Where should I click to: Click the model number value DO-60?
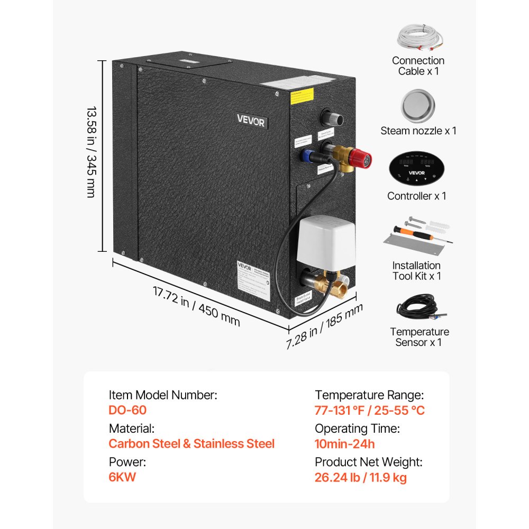127,410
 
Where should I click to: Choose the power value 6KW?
122,477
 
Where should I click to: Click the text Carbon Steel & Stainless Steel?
191,443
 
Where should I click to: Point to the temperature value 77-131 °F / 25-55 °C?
370,410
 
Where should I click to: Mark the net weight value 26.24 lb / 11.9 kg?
361,477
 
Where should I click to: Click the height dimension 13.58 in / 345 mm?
91,153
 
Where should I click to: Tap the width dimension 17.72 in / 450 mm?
196,306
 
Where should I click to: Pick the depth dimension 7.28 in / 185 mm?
324,326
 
